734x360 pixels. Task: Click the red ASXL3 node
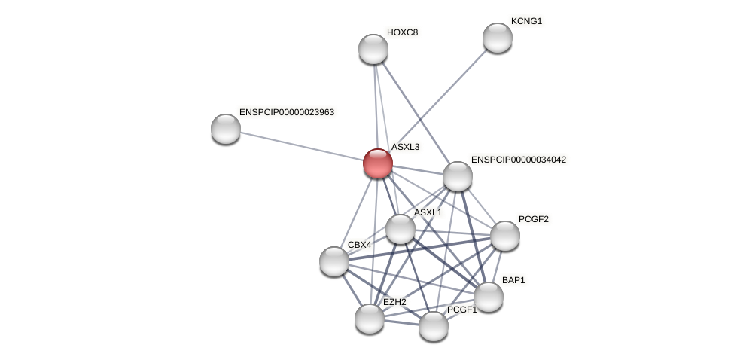tap(377, 163)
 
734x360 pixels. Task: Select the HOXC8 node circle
tap(373, 49)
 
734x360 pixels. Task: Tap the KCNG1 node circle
tap(497, 38)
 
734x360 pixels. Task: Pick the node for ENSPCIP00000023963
tap(225, 129)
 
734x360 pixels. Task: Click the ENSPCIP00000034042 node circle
tap(457, 176)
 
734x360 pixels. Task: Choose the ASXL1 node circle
tap(400, 229)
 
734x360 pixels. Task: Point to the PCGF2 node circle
tap(504, 236)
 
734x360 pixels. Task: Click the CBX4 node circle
tap(333, 261)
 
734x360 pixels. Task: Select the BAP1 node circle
tap(488, 297)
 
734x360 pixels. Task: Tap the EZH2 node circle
tap(369, 319)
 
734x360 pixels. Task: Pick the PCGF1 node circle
tap(433, 326)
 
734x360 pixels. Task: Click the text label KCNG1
tap(526, 21)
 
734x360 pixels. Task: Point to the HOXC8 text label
tap(402, 32)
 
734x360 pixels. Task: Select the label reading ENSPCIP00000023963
tap(286, 112)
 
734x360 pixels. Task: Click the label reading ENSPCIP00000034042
tap(518, 160)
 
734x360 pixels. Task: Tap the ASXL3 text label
tap(405, 147)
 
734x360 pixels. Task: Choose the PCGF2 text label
tap(533, 219)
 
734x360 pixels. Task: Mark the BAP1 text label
tap(513, 280)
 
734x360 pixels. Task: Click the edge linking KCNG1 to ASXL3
tap(444, 93)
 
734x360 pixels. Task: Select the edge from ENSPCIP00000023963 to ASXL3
tap(301, 146)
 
